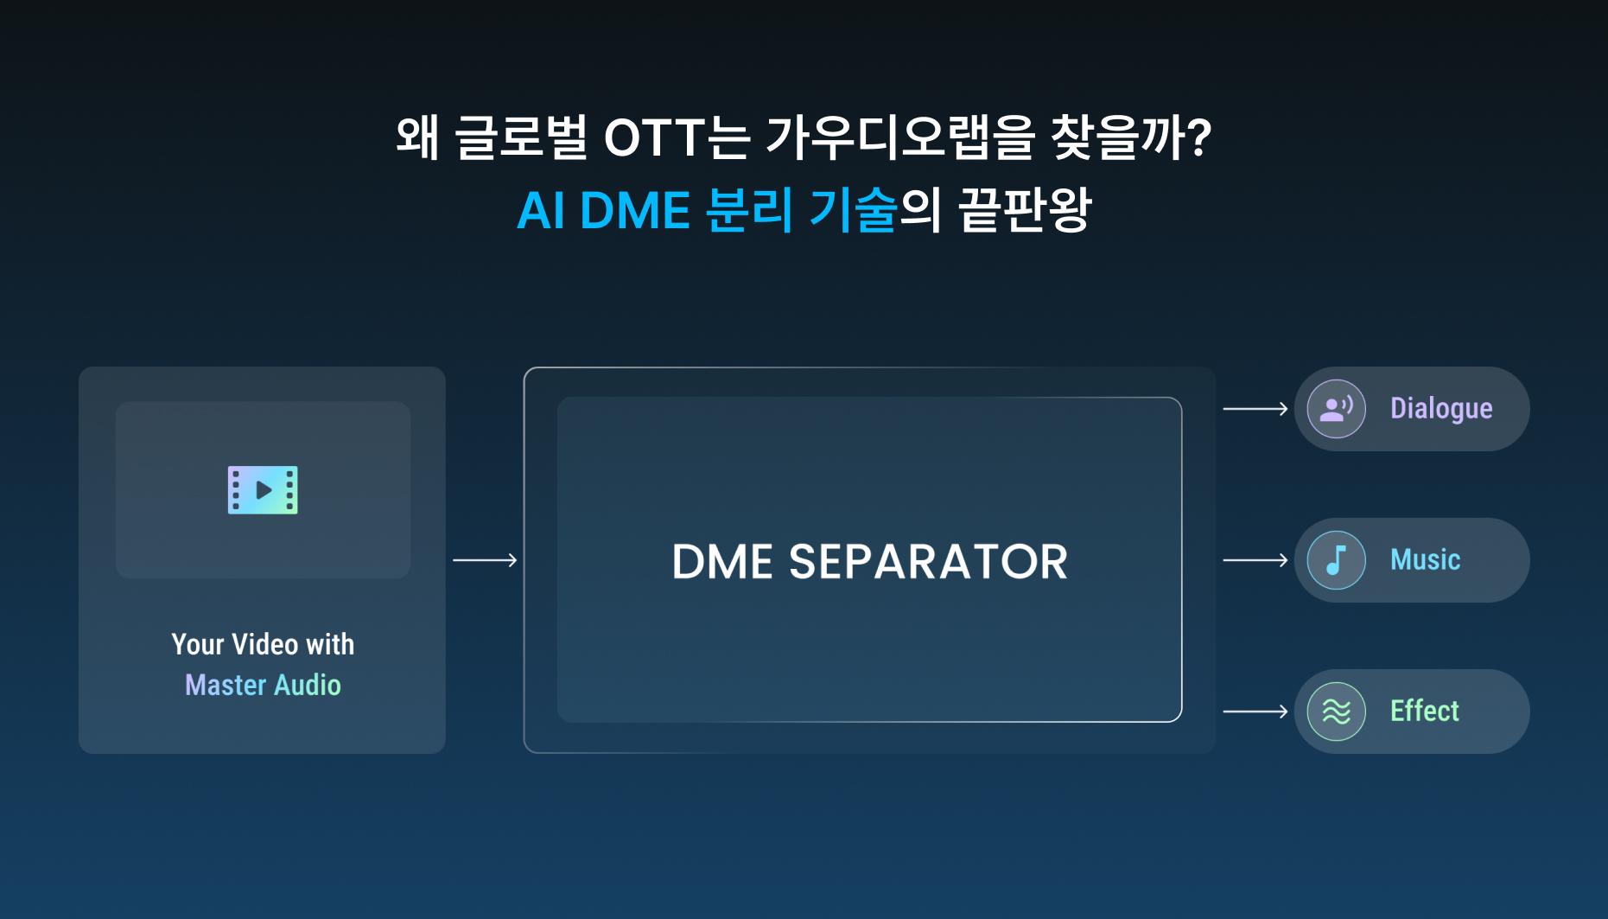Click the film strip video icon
pos(263,490)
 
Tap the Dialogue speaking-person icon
pos(1336,409)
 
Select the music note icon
pos(1336,560)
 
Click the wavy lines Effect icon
pos(1336,712)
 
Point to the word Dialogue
pos(1440,409)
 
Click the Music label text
pos(1425,560)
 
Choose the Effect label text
pos(1424,712)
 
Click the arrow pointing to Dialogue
pos(1255,409)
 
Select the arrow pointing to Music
pos(1255,560)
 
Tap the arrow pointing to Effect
pos(1255,712)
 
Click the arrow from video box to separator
pos(485,560)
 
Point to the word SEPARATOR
pos(928,562)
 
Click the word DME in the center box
pos(722,562)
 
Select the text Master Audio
pos(263,686)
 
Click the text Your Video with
pos(263,645)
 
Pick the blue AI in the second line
pos(541,211)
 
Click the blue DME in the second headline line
pos(635,211)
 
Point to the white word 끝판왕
pos(1026,211)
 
